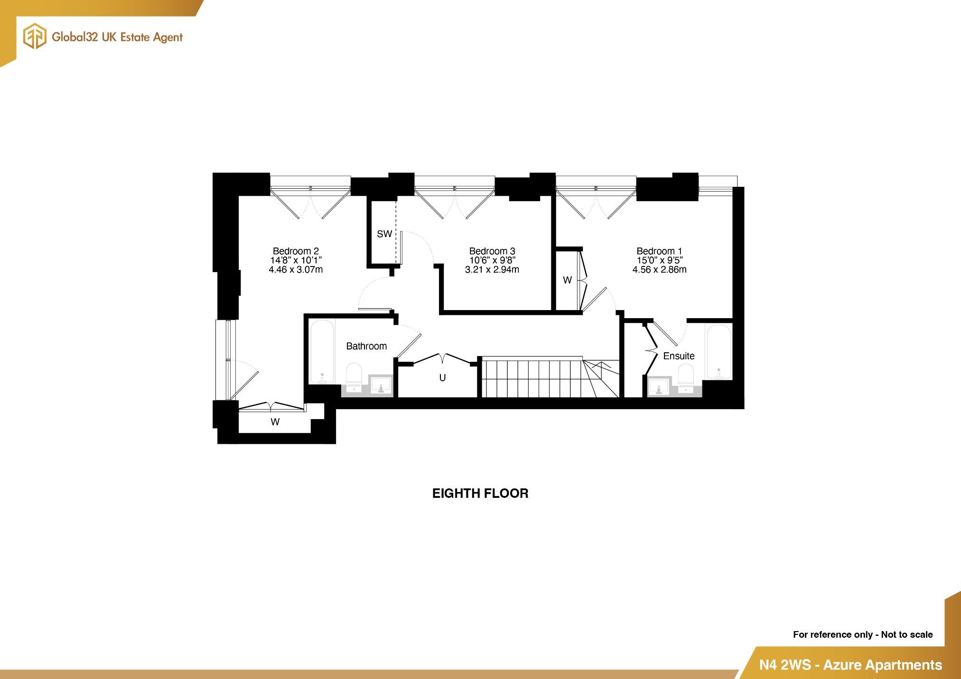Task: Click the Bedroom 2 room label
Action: tap(295, 251)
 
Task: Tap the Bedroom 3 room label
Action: tap(492, 251)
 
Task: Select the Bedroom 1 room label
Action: tap(659, 251)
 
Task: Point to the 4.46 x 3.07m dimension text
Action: tap(295, 270)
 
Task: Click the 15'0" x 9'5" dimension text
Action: tap(659, 260)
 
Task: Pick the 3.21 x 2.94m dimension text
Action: tap(492, 270)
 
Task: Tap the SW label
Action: tap(384, 234)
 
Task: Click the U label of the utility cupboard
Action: tap(442, 378)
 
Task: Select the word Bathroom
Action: tap(366, 346)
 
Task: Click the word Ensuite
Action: tap(679, 356)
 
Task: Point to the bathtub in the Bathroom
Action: tap(322, 351)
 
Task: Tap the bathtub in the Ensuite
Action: tap(718, 351)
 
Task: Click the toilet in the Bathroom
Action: tap(354, 377)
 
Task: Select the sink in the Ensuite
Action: tap(659, 386)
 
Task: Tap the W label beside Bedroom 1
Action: tap(567, 280)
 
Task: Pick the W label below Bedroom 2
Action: tap(275, 422)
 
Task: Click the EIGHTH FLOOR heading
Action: tap(480, 494)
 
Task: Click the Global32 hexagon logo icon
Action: tap(35, 37)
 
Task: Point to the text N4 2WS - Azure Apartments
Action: tap(850, 665)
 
